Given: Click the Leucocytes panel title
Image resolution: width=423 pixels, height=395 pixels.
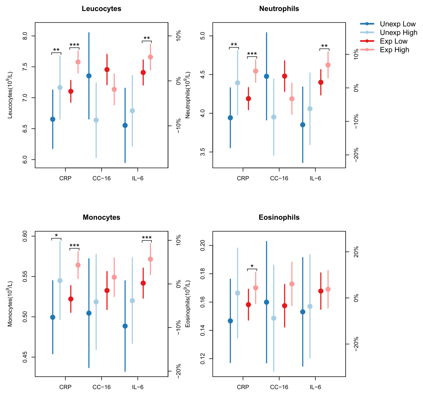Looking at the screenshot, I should point(101,9).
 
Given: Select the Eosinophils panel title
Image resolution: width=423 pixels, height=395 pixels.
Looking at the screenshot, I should point(279,218).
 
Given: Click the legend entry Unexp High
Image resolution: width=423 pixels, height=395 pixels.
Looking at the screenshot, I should point(398,33).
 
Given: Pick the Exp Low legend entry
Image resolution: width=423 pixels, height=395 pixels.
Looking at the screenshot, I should point(394,41).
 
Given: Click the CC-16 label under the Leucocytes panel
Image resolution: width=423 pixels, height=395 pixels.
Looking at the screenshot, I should point(101,179).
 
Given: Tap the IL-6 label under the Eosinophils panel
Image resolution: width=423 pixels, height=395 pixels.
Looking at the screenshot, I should point(315,387).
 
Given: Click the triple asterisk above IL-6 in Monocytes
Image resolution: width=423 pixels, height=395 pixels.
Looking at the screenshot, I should point(147,238).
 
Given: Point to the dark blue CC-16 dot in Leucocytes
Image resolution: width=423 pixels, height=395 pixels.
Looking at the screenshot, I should point(89,76).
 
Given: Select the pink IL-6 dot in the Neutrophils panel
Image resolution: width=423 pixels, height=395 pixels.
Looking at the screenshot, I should point(328,65).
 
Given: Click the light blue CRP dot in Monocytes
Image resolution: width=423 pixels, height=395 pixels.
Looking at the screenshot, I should point(60,280).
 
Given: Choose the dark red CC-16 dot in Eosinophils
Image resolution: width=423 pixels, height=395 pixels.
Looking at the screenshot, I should point(285,306).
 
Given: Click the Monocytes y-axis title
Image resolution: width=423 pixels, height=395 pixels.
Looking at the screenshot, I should point(10,304).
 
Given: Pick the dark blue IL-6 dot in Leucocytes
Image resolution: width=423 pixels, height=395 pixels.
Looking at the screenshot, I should point(125,125).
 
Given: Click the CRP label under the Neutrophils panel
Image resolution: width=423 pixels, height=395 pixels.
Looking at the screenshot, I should point(243,179).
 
